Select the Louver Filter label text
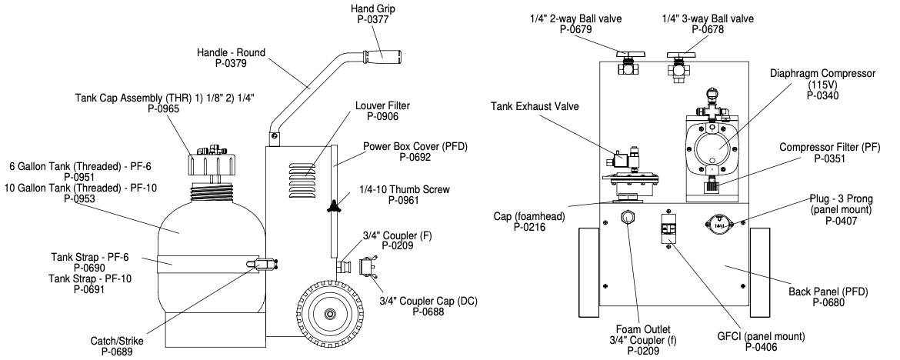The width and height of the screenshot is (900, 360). click(x=382, y=105)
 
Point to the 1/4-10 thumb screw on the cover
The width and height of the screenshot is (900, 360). click(x=333, y=205)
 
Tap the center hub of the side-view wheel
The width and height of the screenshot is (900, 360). click(x=331, y=314)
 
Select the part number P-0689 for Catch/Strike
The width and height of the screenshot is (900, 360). click(x=120, y=352)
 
